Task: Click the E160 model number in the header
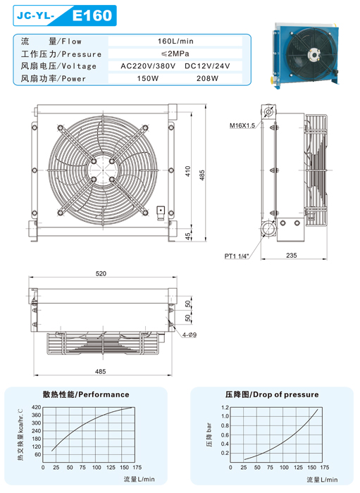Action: click(x=92, y=15)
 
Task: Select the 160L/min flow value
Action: click(x=175, y=41)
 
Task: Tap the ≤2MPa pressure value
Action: click(x=175, y=54)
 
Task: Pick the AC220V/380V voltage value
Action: click(x=148, y=66)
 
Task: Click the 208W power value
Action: click(x=207, y=78)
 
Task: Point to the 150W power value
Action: click(x=148, y=78)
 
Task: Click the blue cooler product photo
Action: click(x=306, y=56)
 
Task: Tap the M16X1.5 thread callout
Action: click(x=242, y=125)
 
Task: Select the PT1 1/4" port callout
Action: click(x=237, y=256)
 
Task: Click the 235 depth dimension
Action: click(x=292, y=255)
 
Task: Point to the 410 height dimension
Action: click(x=187, y=171)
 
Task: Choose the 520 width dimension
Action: click(x=101, y=273)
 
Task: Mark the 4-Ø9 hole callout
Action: click(x=190, y=335)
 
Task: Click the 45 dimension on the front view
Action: click(x=187, y=236)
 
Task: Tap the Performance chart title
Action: click(x=86, y=394)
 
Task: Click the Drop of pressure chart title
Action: click(x=272, y=394)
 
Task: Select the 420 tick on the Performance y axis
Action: click(x=37, y=407)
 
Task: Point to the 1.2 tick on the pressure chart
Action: click(x=225, y=408)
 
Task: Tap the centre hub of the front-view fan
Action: click(x=103, y=170)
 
